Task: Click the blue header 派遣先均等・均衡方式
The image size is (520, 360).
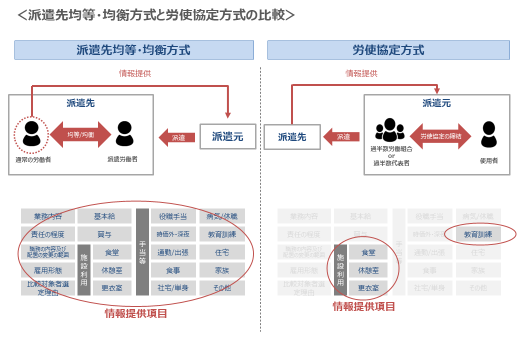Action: tap(134, 50)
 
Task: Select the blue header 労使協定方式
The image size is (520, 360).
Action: tap(388, 50)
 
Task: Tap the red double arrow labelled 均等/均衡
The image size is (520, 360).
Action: tap(80, 134)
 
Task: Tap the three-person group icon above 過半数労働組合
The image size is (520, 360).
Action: tap(389, 131)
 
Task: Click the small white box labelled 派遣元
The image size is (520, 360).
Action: tap(227, 136)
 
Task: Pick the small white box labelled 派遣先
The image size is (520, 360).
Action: tap(292, 136)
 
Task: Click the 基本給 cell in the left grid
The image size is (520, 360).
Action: tap(104, 216)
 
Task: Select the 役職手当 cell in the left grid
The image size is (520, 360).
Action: tap(172, 216)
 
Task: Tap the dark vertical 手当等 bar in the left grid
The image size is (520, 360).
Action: tap(142, 251)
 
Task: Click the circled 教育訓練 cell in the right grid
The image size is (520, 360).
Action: tap(478, 233)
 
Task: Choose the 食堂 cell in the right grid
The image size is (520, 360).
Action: tap(368, 252)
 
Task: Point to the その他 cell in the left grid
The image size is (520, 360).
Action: tap(222, 288)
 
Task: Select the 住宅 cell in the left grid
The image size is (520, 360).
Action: tap(222, 252)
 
